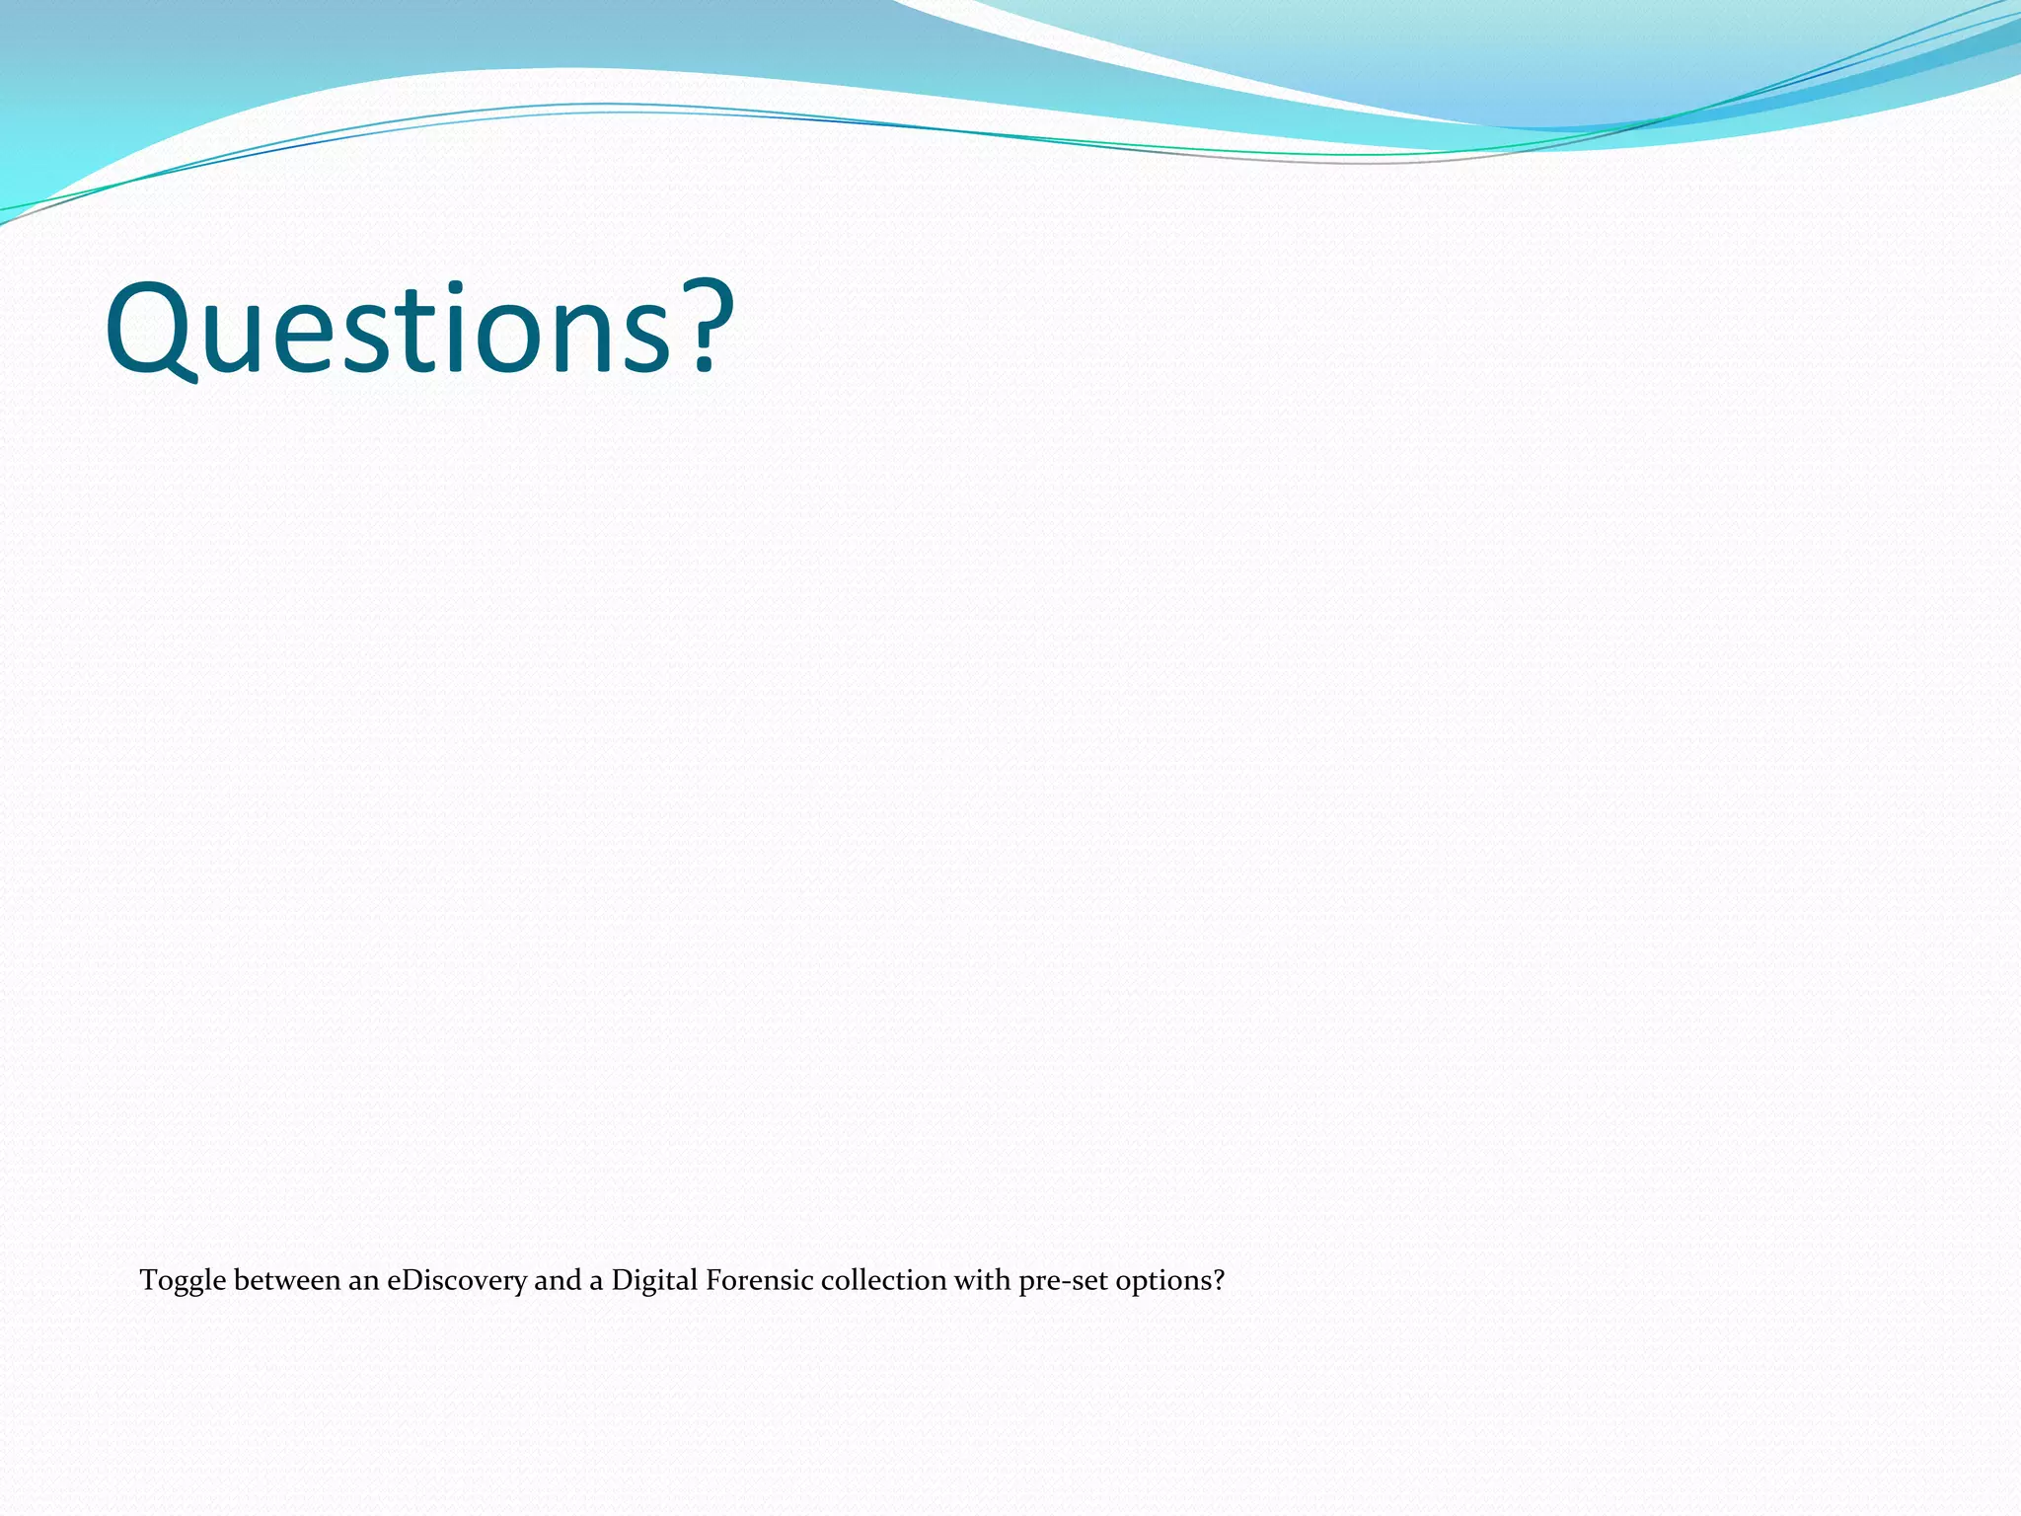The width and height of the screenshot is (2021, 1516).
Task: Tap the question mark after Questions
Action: click(705, 329)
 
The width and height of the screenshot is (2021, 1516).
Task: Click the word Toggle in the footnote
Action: click(183, 1281)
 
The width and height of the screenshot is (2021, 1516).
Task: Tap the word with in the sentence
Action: click(982, 1280)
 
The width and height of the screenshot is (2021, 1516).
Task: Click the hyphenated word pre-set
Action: click(1064, 1282)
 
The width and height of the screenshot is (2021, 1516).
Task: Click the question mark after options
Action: click(1219, 1280)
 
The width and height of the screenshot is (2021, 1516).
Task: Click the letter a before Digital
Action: click(596, 1282)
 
